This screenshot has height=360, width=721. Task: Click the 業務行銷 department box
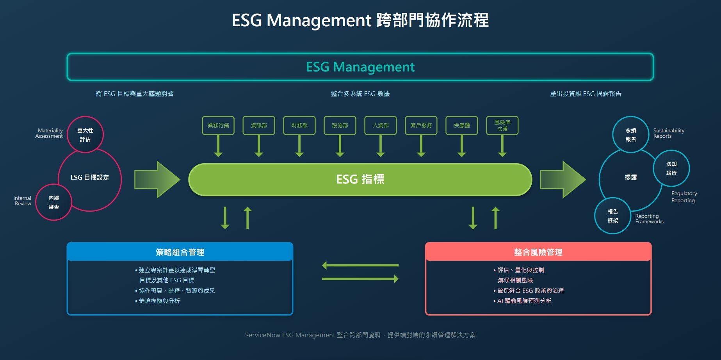[218, 125]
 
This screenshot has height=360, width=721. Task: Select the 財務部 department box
[299, 125]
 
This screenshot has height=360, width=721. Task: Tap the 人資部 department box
[381, 125]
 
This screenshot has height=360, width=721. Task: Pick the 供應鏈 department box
[462, 125]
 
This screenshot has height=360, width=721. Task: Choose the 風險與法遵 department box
[502, 125]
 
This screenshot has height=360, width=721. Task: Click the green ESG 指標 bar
[360, 179]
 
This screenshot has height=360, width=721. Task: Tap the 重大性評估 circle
[85, 135]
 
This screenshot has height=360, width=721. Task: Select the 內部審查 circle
[53, 202]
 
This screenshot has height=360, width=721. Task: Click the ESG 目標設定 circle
[90, 178]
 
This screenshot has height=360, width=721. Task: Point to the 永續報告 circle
[630, 135]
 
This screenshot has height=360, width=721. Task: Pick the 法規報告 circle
[671, 168]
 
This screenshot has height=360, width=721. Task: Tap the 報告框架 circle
[612, 216]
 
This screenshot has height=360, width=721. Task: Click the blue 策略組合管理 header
[180, 252]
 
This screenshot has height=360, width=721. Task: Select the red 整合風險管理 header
[538, 252]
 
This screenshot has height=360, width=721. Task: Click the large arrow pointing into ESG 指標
[157, 179]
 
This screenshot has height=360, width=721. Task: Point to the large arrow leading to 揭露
[563, 179]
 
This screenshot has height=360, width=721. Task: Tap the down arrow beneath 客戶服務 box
[421, 146]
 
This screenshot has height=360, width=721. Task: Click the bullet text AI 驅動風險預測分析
[524, 301]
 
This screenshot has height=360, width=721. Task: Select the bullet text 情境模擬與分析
[159, 301]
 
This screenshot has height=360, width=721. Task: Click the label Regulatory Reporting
[684, 197]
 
